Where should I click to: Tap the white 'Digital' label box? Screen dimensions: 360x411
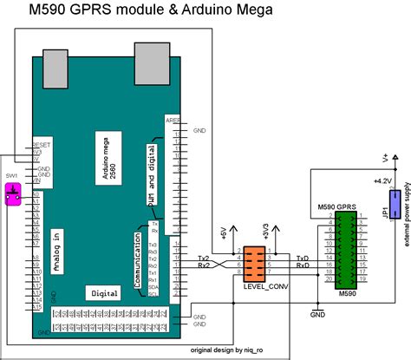pyautogui.click(x=104, y=293)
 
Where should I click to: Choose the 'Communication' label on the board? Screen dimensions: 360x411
pyautogui.click(x=137, y=258)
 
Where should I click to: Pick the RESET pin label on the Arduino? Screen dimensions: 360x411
pyautogui.click(x=41, y=144)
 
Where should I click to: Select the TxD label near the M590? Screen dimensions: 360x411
pyautogui.click(x=302, y=259)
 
